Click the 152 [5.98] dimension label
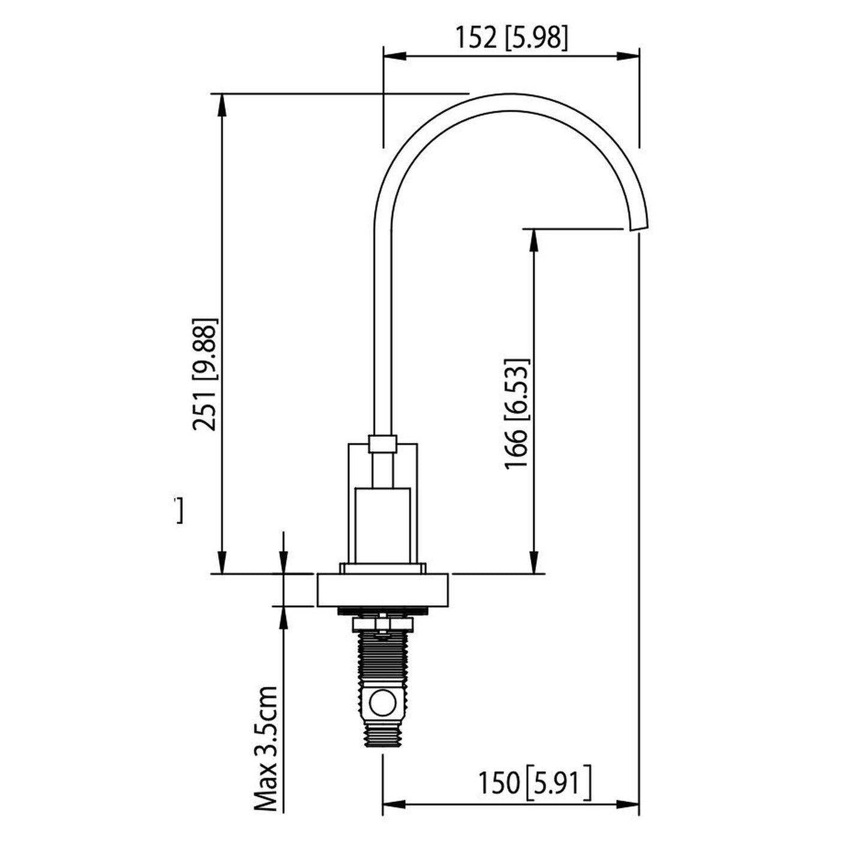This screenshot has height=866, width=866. click(512, 38)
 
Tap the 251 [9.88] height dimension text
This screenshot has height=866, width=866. click(205, 375)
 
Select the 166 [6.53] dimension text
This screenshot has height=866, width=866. click(516, 414)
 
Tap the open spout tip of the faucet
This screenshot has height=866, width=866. click(639, 227)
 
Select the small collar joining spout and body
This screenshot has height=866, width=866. click(382, 443)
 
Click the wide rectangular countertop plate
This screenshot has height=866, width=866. click(383, 590)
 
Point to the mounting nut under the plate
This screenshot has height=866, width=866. click(382, 624)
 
